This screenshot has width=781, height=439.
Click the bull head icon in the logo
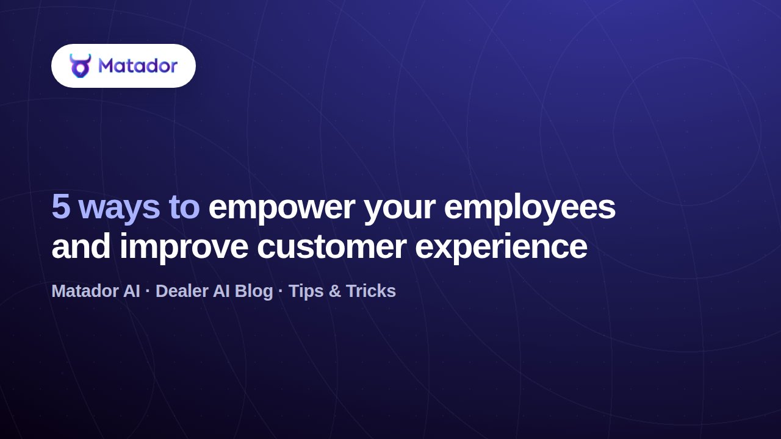coord(80,65)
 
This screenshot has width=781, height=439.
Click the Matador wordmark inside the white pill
coord(138,66)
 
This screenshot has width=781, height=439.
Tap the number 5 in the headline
coord(61,207)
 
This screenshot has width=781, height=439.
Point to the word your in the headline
coord(399,210)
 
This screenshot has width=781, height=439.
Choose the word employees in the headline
coord(530,209)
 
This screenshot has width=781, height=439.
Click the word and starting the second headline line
coord(81,246)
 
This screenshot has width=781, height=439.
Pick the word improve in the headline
coord(184,248)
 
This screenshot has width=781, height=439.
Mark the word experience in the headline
coord(501,248)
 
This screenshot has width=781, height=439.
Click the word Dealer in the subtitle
coord(182,291)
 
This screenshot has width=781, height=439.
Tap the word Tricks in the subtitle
coord(370,291)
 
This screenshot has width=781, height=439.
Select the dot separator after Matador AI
coord(148,291)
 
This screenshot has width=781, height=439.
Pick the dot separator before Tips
coord(281,291)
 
